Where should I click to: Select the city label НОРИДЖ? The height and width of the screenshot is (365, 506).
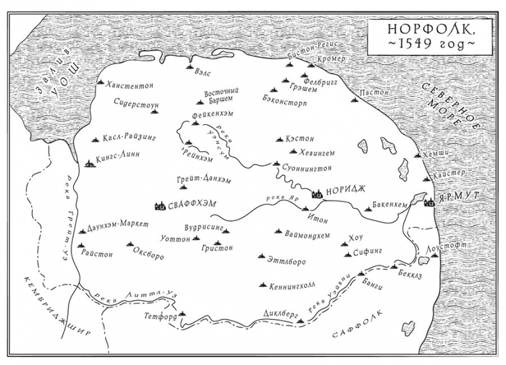click(x=347, y=190)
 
